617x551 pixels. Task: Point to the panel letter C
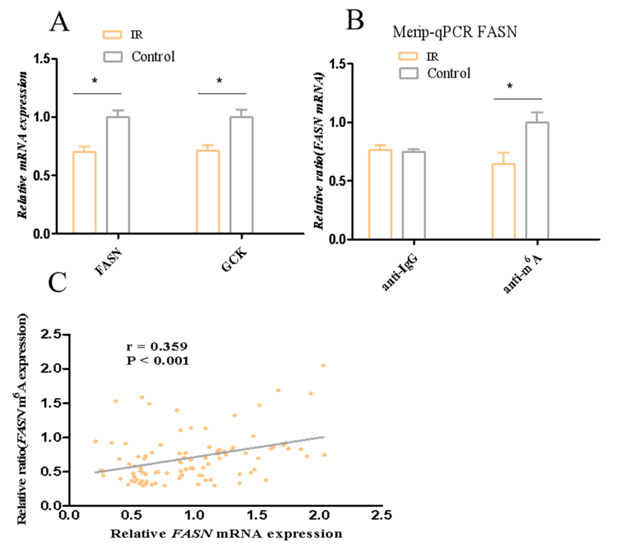(57, 282)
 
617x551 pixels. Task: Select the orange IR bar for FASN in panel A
(84, 192)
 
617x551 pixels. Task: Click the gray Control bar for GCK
(241, 175)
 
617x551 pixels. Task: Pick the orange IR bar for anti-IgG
(380, 194)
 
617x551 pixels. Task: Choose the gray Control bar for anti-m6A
(537, 181)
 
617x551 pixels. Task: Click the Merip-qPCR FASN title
(455, 32)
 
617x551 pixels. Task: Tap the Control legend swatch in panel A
(113, 57)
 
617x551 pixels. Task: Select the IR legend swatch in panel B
(408, 56)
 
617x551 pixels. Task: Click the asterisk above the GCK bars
(219, 81)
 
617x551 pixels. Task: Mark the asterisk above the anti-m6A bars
(510, 87)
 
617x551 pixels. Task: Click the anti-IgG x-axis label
(400, 273)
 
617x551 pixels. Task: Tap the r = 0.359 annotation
(157, 346)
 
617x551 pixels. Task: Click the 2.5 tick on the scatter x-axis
(381, 515)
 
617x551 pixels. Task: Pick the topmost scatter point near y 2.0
(323, 365)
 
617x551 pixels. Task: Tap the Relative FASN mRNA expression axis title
(226, 534)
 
